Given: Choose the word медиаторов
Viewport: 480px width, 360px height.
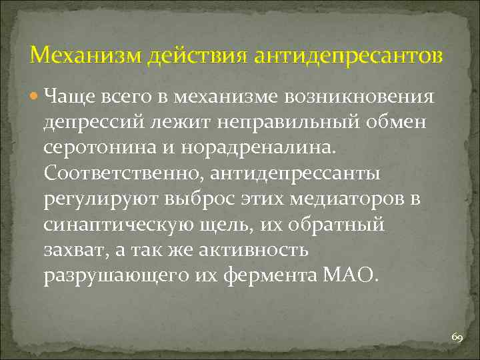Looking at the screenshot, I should (337, 200).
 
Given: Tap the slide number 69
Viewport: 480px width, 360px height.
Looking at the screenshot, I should (457, 339).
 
